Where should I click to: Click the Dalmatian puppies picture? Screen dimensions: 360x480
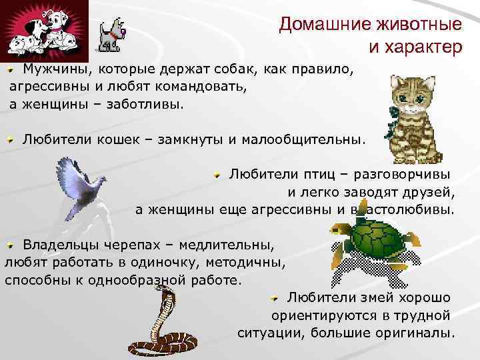pos(43,29)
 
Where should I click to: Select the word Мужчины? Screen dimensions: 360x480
pos(55,69)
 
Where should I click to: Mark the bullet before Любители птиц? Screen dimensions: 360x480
pos(218,175)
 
